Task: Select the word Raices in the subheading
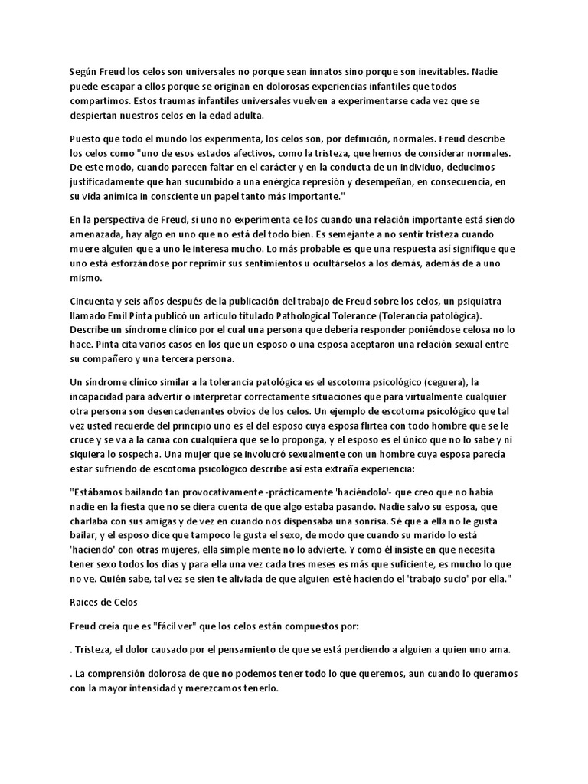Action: pyautogui.click(x=83, y=603)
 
